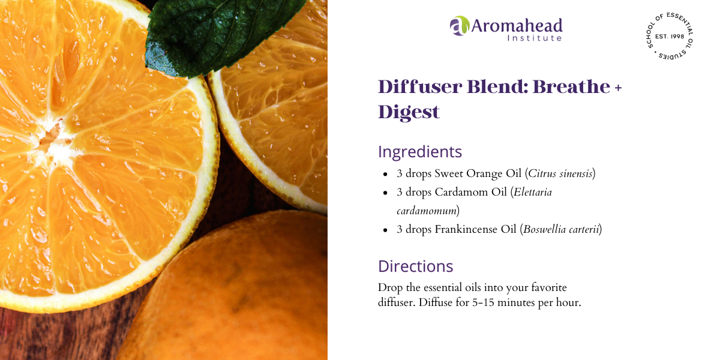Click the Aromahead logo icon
[x=459, y=26]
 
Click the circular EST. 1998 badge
[x=668, y=37]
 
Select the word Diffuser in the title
[x=414, y=87]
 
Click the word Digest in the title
[x=409, y=112]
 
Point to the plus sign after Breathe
[x=618, y=88]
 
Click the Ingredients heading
[x=420, y=152]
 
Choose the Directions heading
[x=415, y=266]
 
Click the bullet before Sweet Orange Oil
[x=385, y=175]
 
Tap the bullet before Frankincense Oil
[x=385, y=230]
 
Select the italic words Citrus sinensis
[x=560, y=174]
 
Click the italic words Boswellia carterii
[x=561, y=229]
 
